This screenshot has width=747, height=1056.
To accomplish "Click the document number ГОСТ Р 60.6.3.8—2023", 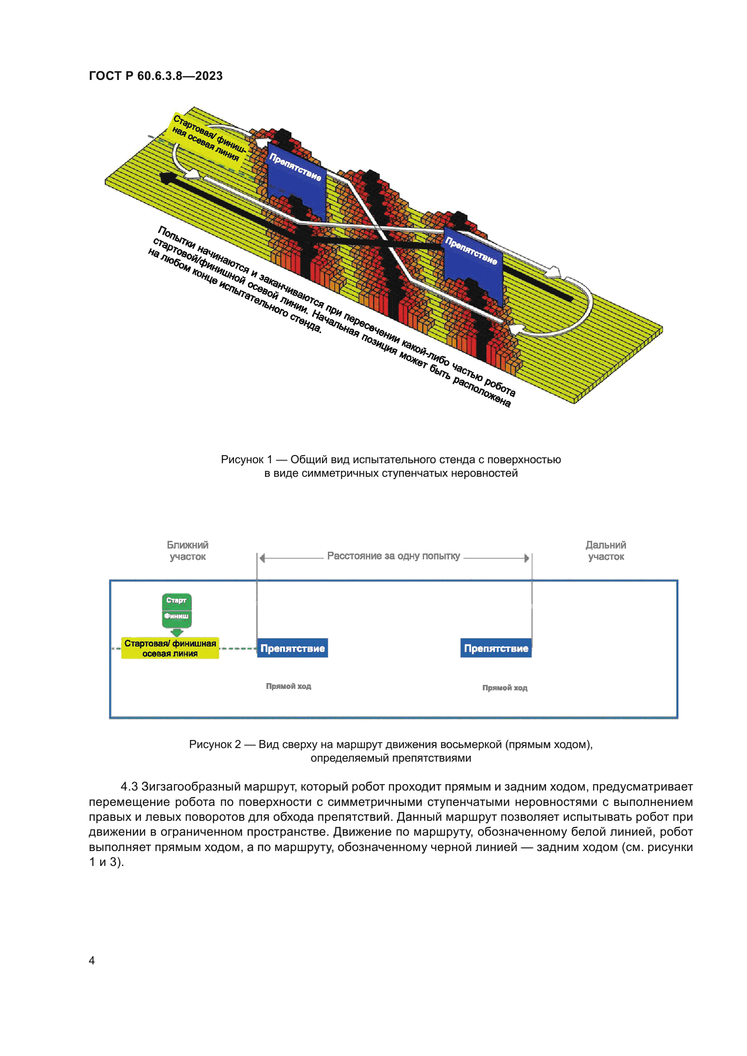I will tap(155, 76).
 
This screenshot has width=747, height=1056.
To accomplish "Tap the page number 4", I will tap(92, 960).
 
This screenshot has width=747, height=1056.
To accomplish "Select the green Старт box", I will tap(176, 600).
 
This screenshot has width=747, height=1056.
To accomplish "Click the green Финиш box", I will tap(176, 616).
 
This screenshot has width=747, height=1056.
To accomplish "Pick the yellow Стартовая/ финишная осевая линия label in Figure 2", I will tap(170, 648).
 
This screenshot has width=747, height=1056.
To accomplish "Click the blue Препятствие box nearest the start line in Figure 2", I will tap(292, 648).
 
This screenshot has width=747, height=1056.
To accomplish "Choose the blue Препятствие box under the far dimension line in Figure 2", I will tap(495, 648).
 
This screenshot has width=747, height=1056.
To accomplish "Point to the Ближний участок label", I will tap(187, 550).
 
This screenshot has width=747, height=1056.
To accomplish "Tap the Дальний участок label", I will tap(605, 550).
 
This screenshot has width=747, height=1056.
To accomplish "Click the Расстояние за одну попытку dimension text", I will tap(393, 556).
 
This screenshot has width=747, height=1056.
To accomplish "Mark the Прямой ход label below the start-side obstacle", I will tap(289, 686).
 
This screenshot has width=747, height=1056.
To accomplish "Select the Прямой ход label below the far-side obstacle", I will tap(504, 688).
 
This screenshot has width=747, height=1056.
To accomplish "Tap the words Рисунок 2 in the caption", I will tap(215, 744).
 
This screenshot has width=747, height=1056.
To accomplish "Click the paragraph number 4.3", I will tap(129, 786).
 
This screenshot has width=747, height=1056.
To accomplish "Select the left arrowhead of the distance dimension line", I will tap(262, 558).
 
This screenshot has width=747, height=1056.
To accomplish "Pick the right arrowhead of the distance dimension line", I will tap(527, 558).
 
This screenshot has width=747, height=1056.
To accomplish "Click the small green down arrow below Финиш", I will tap(177, 633).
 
